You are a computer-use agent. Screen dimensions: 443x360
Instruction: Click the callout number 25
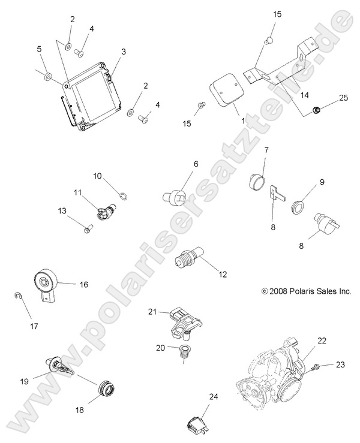coord(343,98)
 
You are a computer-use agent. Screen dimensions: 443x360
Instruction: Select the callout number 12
coord(223,275)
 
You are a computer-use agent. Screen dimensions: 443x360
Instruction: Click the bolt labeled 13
coord(88,228)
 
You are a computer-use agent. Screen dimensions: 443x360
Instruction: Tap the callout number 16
coord(83,285)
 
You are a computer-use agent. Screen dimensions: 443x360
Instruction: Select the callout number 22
coord(322,341)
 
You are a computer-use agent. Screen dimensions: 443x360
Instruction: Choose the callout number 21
coord(152,311)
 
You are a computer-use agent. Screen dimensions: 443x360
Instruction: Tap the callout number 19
coord(25,381)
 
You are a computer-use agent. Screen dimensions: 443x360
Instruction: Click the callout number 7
coord(266,149)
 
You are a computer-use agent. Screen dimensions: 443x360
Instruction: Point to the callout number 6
coord(179,164)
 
